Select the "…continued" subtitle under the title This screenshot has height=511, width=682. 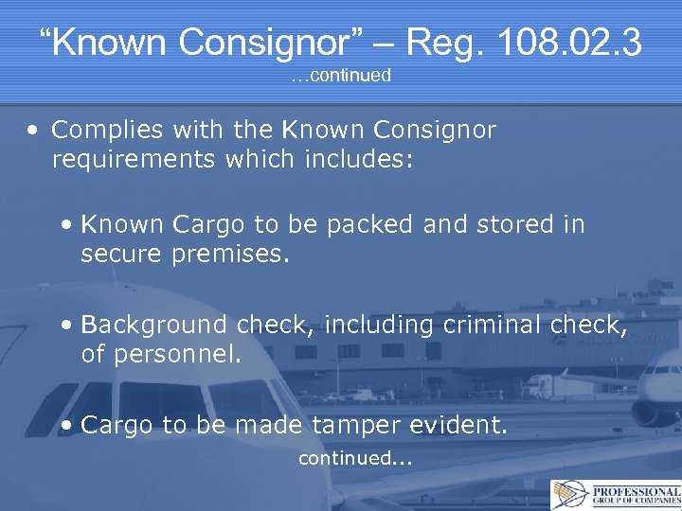coord(341,76)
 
